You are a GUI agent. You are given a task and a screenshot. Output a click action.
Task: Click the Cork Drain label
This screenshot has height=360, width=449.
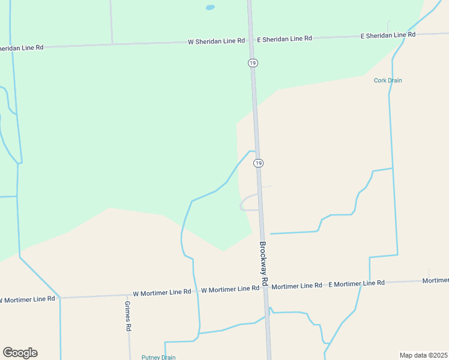tap(388, 80)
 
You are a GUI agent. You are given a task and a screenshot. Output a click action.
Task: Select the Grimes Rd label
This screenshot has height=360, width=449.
tap(128, 316)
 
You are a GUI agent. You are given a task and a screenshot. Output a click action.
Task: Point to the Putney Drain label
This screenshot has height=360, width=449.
tap(158, 358)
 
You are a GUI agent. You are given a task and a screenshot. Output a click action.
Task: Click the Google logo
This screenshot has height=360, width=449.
tap(20, 353)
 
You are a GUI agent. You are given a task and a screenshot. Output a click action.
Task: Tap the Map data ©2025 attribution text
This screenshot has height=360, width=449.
tap(423, 355)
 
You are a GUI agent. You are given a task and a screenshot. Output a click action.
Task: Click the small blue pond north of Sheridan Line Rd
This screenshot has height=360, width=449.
tap(209, 8)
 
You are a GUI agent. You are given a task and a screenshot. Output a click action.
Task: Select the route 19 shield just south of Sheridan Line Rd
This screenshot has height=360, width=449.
tap(253, 62)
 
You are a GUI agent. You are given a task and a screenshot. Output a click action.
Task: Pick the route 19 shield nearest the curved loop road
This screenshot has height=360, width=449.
tap(258, 163)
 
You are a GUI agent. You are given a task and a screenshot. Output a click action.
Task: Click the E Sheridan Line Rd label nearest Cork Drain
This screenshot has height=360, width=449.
tap(388, 35)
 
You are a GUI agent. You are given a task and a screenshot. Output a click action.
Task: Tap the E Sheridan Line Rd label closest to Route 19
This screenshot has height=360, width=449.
tap(285, 38)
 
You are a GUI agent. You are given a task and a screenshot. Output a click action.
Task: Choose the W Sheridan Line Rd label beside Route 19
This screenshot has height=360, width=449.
tap(216, 41)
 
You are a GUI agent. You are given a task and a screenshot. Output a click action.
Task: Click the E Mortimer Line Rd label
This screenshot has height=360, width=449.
tap(356, 283)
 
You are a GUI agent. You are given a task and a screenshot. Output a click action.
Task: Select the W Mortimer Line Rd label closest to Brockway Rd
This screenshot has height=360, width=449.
tap(230, 289)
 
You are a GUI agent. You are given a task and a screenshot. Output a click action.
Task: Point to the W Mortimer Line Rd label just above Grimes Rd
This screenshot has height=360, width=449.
tap(161, 292)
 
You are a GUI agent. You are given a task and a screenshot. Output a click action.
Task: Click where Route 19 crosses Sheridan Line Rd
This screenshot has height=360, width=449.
tap(251, 40)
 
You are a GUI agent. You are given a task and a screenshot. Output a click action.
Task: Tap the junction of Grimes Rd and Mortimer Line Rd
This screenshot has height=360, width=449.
tap(129, 295)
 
